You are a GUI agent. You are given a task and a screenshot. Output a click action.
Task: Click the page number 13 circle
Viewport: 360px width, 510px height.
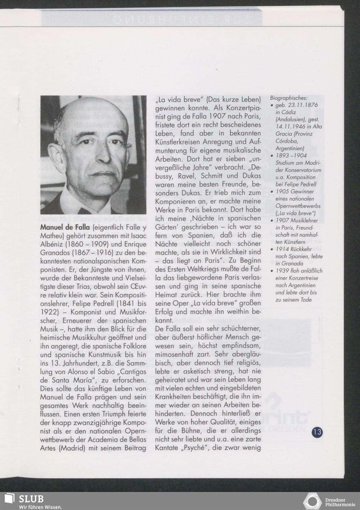coord(318,432)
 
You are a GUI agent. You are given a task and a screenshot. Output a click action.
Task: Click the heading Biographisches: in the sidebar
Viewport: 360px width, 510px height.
coord(289,98)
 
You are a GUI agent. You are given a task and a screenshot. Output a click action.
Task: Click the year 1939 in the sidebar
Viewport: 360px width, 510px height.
coord(282,271)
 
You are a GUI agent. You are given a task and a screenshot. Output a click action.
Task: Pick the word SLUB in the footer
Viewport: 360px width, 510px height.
coord(31,498)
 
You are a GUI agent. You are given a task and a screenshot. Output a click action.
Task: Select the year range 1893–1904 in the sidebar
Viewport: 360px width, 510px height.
coord(291,155)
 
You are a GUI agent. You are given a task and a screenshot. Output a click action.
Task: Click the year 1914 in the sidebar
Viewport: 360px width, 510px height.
coord(282,249)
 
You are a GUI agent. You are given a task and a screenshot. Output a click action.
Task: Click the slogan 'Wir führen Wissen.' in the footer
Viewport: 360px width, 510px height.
coord(40,506)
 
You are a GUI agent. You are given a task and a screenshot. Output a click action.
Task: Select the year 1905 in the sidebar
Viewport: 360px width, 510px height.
coord(282,192)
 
